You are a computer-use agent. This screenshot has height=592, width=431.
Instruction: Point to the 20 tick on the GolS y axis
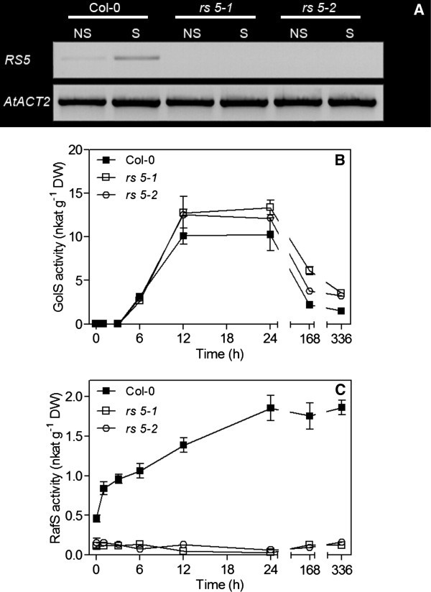(x=78, y=149)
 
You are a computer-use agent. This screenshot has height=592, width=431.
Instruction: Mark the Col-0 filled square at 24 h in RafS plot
(x=271, y=408)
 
